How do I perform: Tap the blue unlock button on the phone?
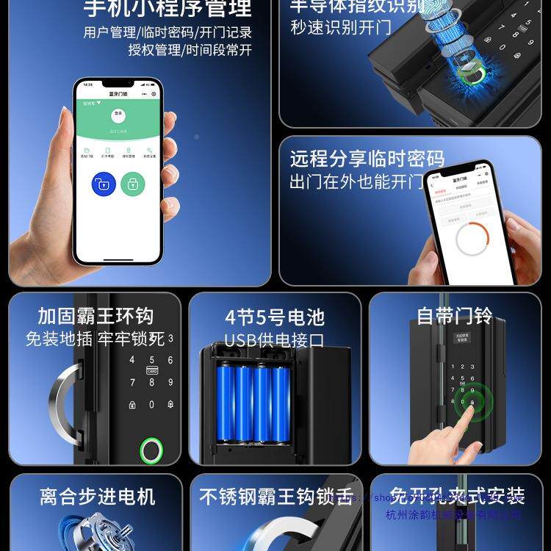pos(103,184)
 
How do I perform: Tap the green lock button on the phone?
pos(133,184)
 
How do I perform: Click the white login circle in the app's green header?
pos(118,115)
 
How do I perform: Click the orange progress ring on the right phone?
pos(472,240)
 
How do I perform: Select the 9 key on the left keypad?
pos(170,383)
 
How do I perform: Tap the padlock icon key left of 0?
pos(132,405)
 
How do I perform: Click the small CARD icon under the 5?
pos(152,371)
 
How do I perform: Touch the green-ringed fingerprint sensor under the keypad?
pos(152,449)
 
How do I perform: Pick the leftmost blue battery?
pos(225,403)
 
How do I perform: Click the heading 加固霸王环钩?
pos(96,317)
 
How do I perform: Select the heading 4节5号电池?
pos(274,317)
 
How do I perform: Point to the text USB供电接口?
pos(274,340)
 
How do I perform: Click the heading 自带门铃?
pos(454,316)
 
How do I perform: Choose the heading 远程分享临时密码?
pos(367,159)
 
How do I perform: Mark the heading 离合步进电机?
pos(98,497)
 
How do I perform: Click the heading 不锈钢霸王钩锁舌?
pos(276,497)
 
